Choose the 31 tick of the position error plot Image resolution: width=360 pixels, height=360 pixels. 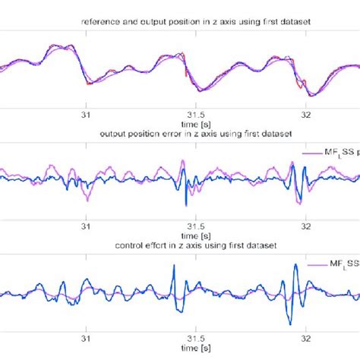coord(86,226)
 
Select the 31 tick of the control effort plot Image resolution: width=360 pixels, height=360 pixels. coord(86,339)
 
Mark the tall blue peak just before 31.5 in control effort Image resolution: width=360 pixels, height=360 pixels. coord(174,265)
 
